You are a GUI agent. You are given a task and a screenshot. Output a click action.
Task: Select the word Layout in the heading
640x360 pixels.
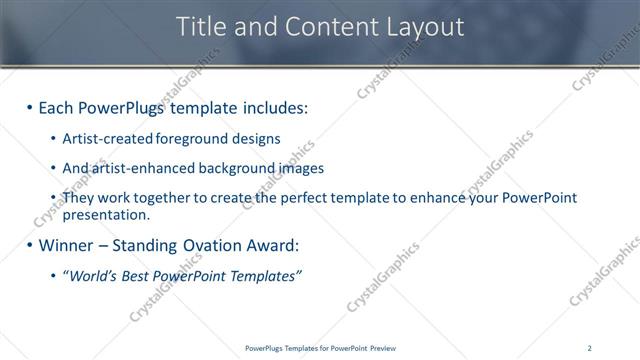pyautogui.click(x=425, y=27)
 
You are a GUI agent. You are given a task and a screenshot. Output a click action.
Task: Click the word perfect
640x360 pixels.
pyautogui.click(x=296, y=198)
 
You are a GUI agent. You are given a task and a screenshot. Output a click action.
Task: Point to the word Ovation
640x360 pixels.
pyautogui.click(x=205, y=245)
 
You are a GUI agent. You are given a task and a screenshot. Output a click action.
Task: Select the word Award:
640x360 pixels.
pyautogui.click(x=270, y=245)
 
